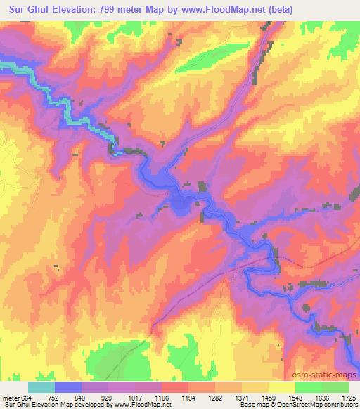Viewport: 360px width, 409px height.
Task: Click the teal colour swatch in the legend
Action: [41, 387]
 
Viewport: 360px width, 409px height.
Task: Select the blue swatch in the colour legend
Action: [68, 387]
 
